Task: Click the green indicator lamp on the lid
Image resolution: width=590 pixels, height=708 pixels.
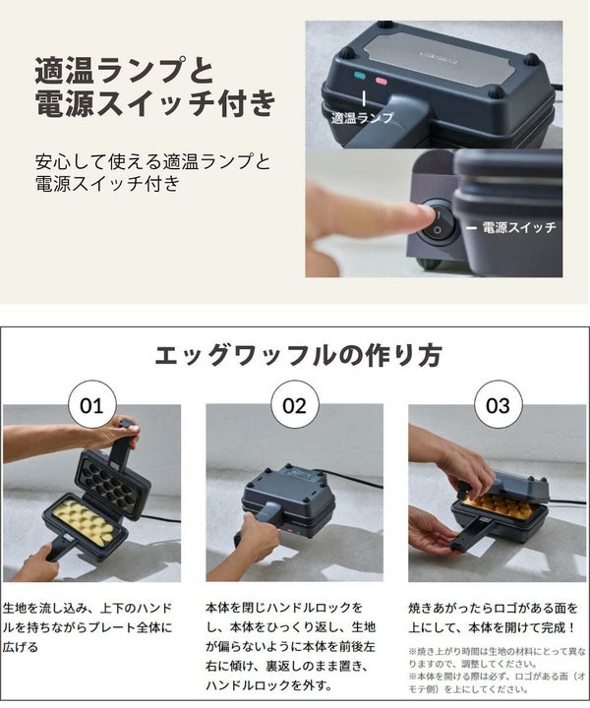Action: pyautogui.click(x=360, y=76)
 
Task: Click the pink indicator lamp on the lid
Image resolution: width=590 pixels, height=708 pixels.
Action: pyautogui.click(x=382, y=81)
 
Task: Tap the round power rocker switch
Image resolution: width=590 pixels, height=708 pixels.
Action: pyautogui.click(x=437, y=222)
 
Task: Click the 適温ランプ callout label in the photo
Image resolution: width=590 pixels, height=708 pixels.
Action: pyautogui.click(x=362, y=118)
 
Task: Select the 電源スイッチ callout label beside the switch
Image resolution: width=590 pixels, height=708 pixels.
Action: pyautogui.click(x=519, y=227)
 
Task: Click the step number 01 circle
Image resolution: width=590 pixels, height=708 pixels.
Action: pyautogui.click(x=91, y=405)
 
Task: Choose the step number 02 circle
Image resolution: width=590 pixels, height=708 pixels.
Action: pyautogui.click(x=294, y=405)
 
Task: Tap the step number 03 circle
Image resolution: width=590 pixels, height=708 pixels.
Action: pyautogui.click(x=498, y=405)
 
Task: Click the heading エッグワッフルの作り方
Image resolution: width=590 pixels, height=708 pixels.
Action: pyautogui.click(x=298, y=355)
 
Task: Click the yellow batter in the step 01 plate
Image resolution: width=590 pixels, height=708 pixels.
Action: pyautogui.click(x=83, y=522)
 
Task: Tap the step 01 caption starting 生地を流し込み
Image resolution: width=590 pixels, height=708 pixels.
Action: pyautogui.click(x=88, y=627)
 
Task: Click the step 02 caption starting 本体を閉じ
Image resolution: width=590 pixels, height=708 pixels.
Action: pyautogui.click(x=290, y=647)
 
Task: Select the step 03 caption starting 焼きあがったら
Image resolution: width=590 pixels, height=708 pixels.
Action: pyautogui.click(x=493, y=618)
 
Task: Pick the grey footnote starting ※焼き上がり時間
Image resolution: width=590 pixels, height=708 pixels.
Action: pyautogui.click(x=497, y=671)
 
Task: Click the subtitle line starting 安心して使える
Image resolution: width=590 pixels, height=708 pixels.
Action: pyautogui.click(x=152, y=172)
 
